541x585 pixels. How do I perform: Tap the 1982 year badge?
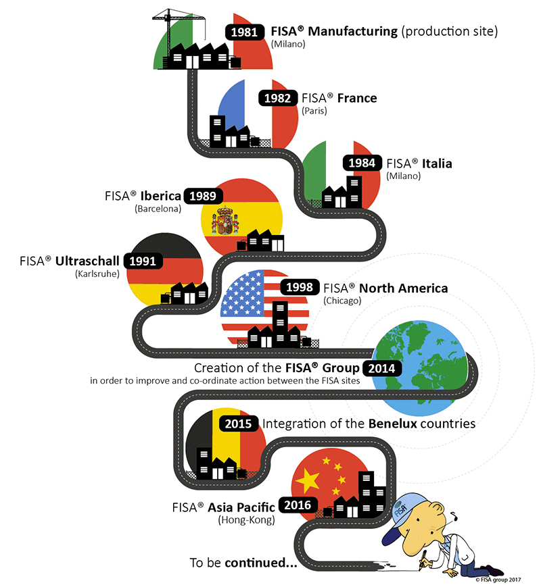277,98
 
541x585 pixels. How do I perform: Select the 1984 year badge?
363,163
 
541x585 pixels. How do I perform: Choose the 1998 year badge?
300,287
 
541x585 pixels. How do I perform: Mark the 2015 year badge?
239,424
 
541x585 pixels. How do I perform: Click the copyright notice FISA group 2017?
504,579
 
